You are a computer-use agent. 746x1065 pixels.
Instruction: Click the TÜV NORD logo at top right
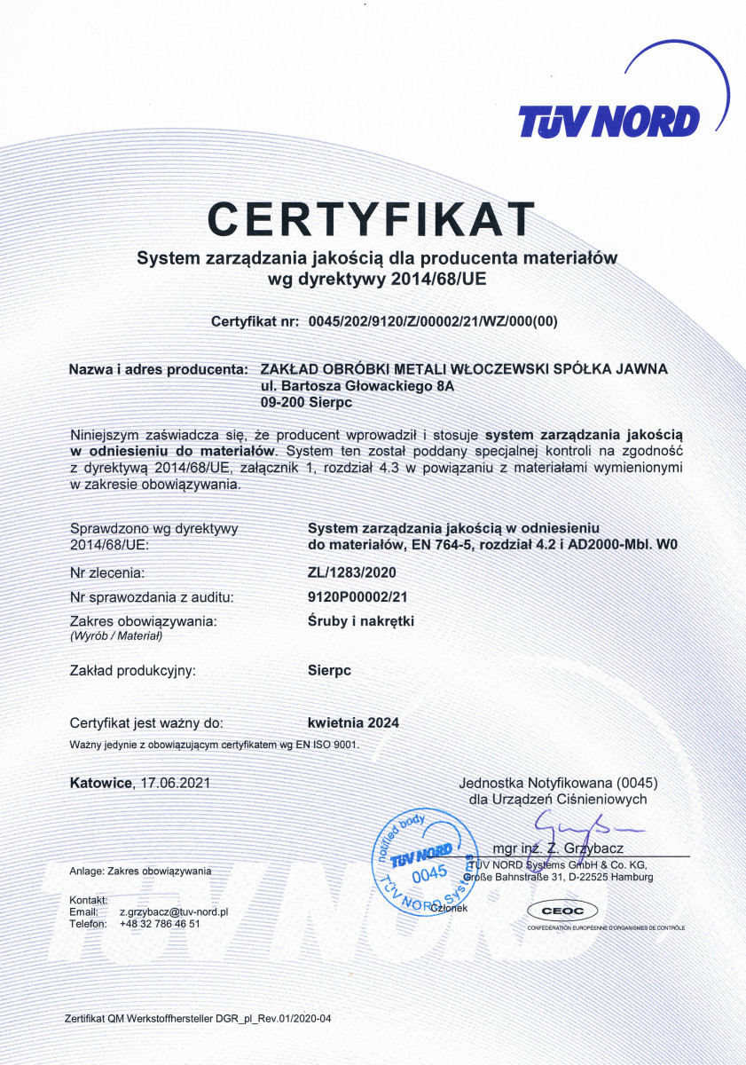pyautogui.click(x=609, y=120)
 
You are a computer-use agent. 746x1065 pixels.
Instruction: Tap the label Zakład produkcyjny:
pyautogui.click(x=132, y=670)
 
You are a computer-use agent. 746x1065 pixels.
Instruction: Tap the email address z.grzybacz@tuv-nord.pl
pyautogui.click(x=175, y=911)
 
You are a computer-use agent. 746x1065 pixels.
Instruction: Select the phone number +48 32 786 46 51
pyautogui.click(x=160, y=923)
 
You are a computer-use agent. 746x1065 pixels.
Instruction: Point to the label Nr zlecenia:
pyautogui.click(x=106, y=573)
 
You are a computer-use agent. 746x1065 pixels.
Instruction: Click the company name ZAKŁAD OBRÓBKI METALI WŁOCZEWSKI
pyautogui.click(x=463, y=368)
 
